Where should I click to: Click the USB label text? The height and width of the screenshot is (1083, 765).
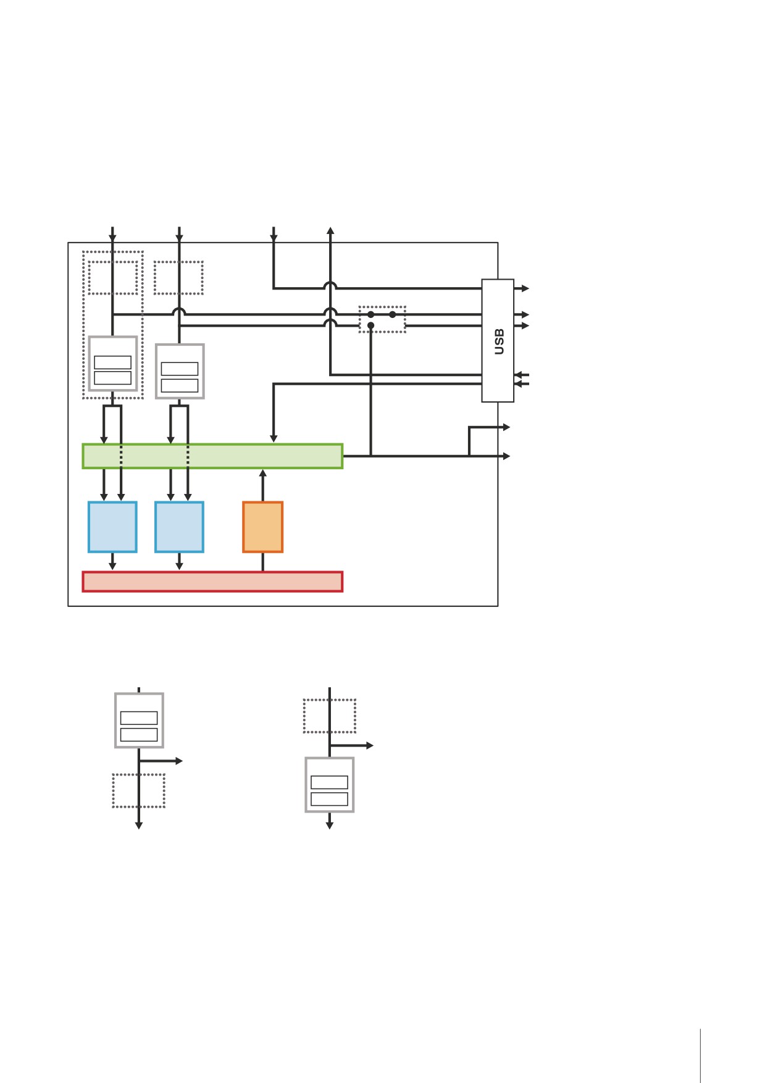point(500,341)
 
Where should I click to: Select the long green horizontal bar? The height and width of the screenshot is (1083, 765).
point(212,456)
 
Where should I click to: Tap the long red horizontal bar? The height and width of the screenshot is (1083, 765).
point(212,582)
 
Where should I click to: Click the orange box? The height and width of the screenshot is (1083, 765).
point(263,527)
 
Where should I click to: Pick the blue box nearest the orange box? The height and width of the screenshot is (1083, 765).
point(179,527)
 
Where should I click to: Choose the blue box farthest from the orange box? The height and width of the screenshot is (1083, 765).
point(112,527)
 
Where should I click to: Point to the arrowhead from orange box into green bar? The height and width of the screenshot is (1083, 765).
point(263,474)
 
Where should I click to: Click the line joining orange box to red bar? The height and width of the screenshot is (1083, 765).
point(263,562)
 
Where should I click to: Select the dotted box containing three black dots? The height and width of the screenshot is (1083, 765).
point(382,319)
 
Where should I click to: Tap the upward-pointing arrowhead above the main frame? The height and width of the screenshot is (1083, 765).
point(330,231)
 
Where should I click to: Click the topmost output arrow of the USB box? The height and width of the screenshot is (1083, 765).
point(522,288)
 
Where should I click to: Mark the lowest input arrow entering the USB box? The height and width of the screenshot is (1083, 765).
point(522,384)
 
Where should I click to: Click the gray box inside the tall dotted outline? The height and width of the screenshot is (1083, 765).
point(112,364)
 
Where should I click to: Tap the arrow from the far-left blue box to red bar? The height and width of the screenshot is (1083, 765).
point(112,561)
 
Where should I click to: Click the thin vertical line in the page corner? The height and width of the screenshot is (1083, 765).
point(701,1056)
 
